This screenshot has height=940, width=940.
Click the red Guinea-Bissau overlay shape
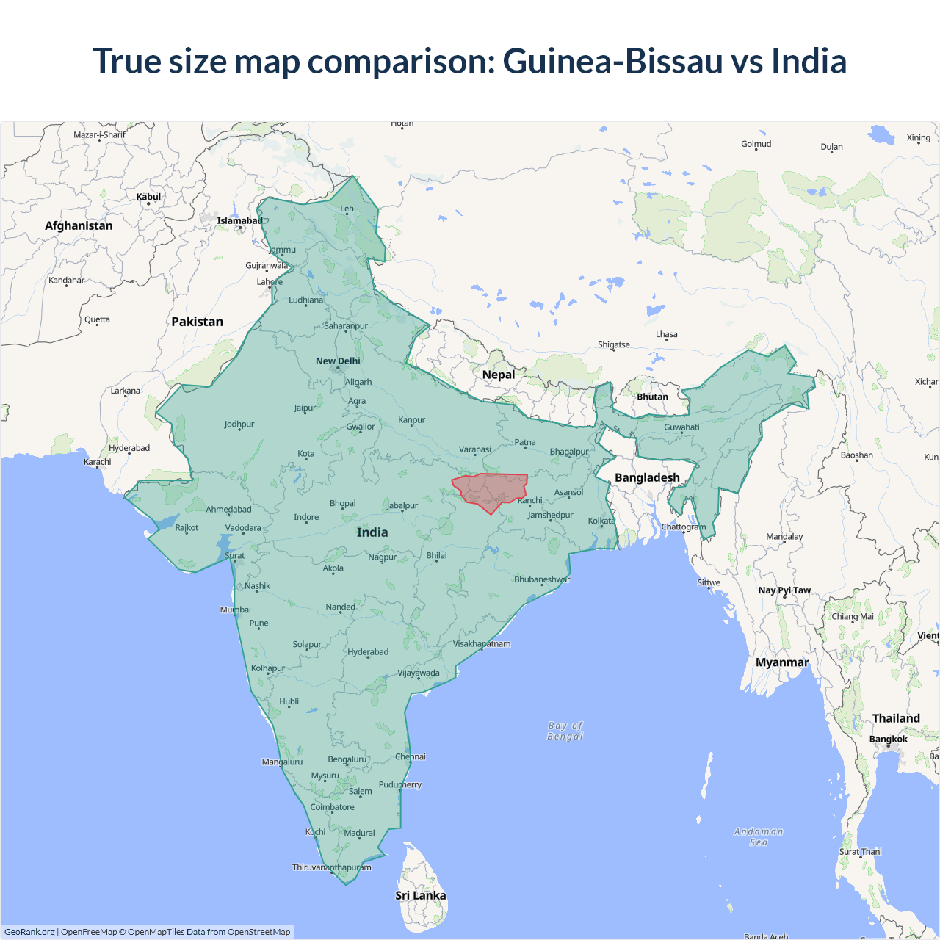491,491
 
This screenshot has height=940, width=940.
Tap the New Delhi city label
338,361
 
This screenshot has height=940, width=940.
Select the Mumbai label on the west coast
235,610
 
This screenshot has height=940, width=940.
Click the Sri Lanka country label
421,895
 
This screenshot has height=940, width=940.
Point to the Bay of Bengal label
565,731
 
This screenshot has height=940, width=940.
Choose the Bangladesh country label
647,477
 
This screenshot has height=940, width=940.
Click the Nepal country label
499,375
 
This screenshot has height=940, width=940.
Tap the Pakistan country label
197,322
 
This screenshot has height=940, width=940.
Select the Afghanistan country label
79,225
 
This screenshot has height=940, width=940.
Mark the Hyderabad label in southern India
368,651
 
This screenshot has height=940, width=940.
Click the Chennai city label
411,756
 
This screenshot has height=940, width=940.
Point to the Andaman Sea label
759,836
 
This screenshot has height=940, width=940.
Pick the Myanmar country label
782,662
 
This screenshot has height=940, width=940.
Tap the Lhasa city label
667,334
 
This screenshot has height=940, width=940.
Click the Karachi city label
98,462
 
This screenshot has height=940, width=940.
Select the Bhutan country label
652,397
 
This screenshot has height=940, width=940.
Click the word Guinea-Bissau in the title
613,61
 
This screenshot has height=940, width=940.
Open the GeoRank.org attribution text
29,932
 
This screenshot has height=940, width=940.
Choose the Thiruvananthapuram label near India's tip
332,867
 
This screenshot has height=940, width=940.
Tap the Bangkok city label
889,739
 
